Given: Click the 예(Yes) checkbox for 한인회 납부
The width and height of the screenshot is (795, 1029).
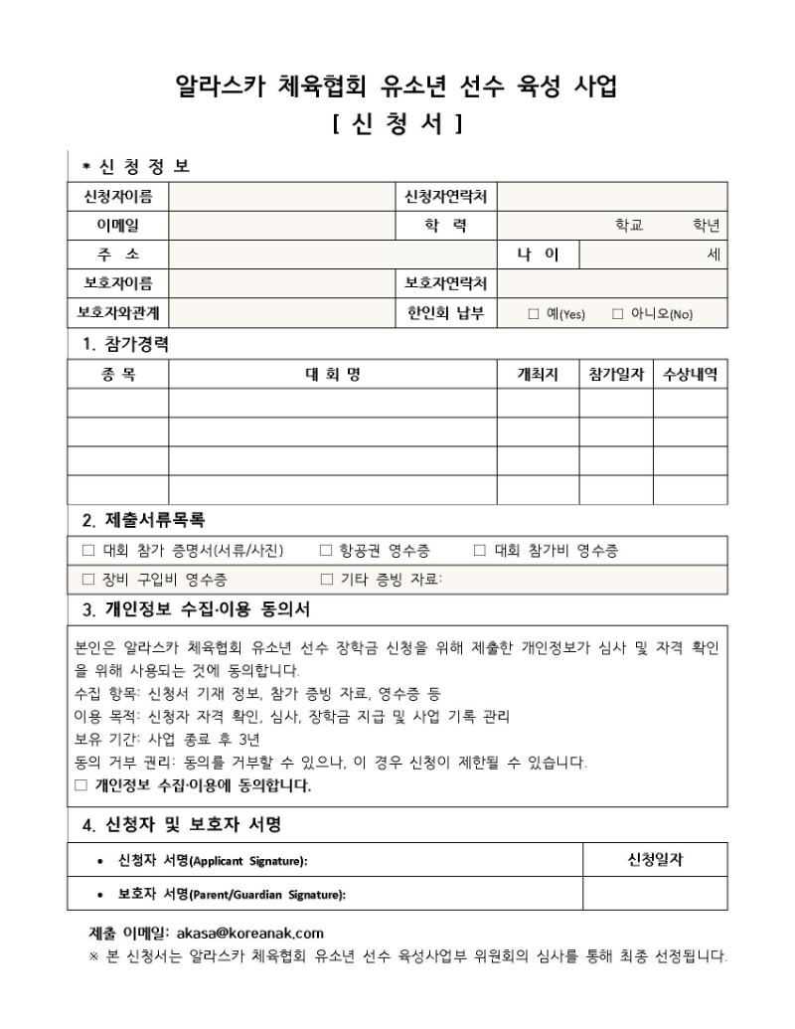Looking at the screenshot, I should click(x=534, y=314).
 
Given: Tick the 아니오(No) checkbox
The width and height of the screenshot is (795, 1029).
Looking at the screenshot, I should click(x=617, y=314).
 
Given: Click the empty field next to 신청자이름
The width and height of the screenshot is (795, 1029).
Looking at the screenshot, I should click(x=282, y=197).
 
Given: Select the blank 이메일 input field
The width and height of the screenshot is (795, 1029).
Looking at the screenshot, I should click(x=282, y=226).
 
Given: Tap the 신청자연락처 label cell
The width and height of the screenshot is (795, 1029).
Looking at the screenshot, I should click(x=447, y=197).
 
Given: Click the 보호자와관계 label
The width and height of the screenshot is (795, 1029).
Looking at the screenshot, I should click(x=117, y=313).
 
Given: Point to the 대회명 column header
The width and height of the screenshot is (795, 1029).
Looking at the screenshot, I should click(x=332, y=375).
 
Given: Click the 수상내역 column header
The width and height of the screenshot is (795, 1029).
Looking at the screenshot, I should click(x=690, y=375).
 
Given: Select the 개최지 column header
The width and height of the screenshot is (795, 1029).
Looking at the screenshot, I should click(x=538, y=375).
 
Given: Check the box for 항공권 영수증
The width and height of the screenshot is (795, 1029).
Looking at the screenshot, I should click(x=326, y=551).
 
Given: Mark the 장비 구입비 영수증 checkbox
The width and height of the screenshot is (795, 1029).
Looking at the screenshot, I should click(x=87, y=580).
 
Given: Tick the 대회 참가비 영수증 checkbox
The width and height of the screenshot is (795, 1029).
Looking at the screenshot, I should click(x=480, y=551).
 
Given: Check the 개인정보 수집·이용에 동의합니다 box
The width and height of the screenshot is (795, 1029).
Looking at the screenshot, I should click(x=81, y=785).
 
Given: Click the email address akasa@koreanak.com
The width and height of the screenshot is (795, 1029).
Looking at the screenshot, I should click(x=249, y=933).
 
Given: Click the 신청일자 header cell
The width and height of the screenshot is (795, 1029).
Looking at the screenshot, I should click(x=654, y=858).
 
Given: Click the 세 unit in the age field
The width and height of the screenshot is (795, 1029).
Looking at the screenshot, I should click(x=714, y=255).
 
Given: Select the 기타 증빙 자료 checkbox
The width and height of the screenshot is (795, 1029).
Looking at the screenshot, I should click(x=326, y=580).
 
